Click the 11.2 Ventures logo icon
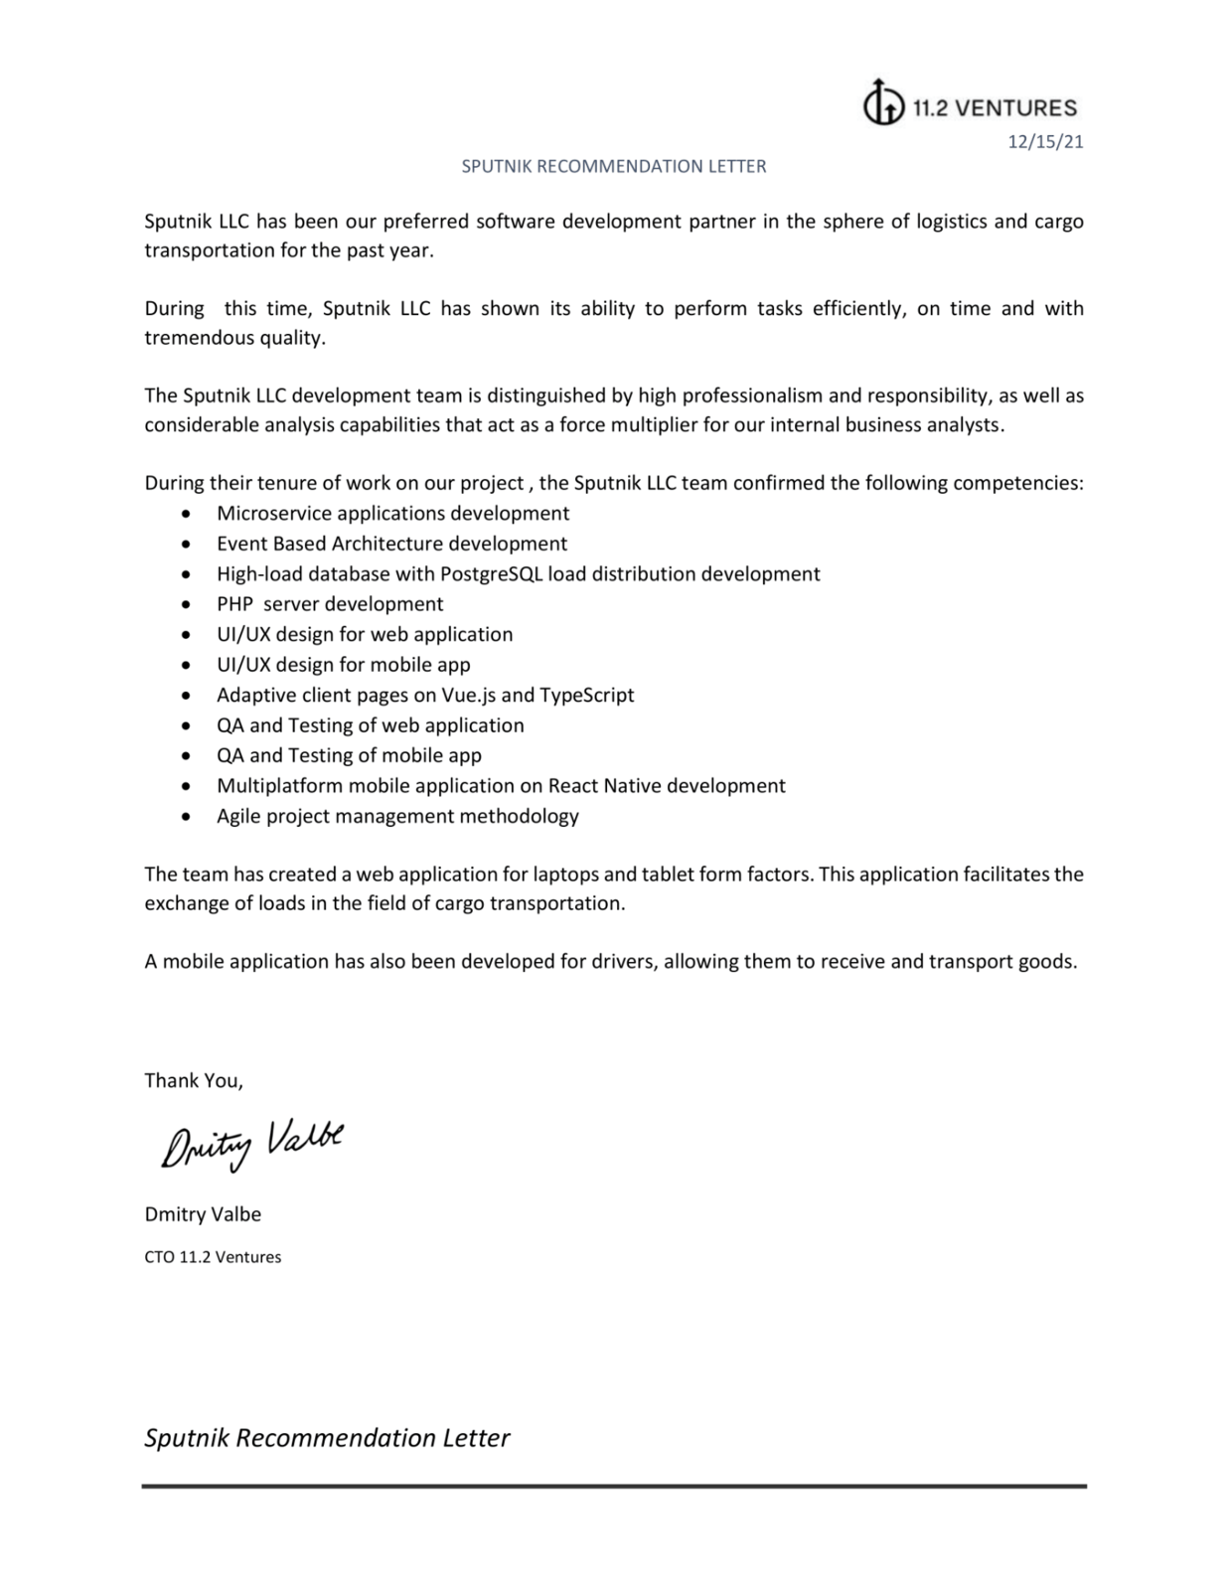coord(883,102)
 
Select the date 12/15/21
coord(1045,141)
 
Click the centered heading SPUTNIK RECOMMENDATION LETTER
coord(613,166)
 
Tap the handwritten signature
coord(252,1146)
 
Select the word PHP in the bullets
coord(234,604)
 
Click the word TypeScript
coord(586,695)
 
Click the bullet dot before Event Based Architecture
coord(186,545)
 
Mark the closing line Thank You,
coord(194,1080)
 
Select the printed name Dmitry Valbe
coord(203,1213)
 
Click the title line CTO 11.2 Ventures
coord(213,1257)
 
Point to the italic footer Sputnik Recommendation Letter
coord(327,1438)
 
